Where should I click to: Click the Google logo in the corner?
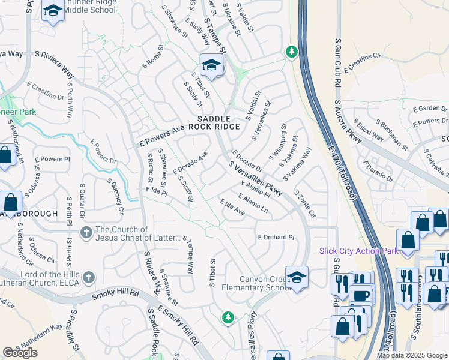(x=20, y=353)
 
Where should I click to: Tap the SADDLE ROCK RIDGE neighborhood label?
(x=214, y=122)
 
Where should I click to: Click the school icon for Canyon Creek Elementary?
(x=297, y=277)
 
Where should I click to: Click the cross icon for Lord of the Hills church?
(x=89, y=277)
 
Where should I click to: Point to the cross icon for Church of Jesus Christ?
(x=86, y=232)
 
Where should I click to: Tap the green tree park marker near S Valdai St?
(x=292, y=52)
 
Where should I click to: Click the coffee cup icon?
(x=361, y=296)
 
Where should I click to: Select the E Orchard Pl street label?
(x=276, y=237)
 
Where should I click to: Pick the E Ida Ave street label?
(x=232, y=208)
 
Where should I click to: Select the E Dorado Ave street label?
(x=190, y=163)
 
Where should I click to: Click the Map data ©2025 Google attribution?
(x=411, y=355)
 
